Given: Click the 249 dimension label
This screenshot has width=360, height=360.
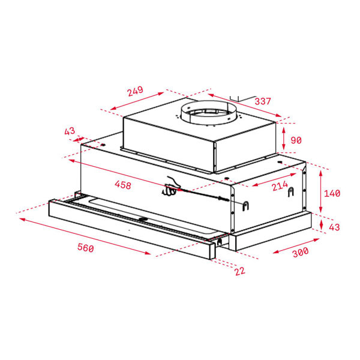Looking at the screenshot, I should (x=136, y=92).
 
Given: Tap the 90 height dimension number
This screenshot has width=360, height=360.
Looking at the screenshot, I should (x=296, y=140).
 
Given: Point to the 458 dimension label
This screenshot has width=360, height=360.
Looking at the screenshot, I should (x=122, y=185).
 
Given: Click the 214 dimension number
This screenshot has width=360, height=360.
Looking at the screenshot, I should (x=280, y=187).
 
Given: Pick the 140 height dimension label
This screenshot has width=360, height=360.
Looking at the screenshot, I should (x=331, y=193).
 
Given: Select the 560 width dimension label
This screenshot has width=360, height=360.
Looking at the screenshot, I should (x=85, y=248).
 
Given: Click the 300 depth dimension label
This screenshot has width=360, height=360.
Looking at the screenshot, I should (x=300, y=252).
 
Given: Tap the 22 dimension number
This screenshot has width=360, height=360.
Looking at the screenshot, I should (x=240, y=271).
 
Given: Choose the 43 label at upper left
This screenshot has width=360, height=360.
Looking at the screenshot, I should (x=70, y=131).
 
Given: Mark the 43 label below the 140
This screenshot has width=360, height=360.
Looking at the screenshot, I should (x=335, y=227).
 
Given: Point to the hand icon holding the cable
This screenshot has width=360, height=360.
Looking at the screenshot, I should (x=171, y=188).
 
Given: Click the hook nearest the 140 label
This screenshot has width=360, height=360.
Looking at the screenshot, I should (x=292, y=191).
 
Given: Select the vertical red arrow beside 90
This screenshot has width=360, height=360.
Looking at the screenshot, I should (x=284, y=139).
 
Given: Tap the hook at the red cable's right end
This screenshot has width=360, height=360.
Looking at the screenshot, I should (x=245, y=206).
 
